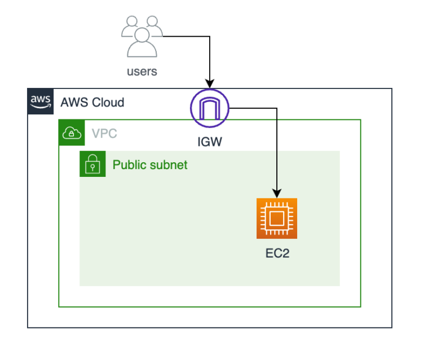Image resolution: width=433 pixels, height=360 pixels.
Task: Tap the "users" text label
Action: point(142,72)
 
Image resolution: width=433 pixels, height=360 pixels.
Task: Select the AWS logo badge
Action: point(41,101)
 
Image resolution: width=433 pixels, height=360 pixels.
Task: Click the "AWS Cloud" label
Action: point(92,103)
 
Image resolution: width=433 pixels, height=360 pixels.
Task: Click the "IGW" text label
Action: point(210,141)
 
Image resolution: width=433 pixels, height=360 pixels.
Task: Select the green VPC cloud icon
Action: point(72,132)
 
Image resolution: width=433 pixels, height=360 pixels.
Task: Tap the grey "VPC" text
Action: point(104,134)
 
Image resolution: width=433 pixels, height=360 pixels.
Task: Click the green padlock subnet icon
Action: point(92,164)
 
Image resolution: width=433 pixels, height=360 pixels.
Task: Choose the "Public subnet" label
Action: point(150,165)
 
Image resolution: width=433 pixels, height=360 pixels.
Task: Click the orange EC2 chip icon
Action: point(276,219)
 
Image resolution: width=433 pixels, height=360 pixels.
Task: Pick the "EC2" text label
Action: point(277,254)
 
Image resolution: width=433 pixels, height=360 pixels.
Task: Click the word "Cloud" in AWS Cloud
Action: point(108,103)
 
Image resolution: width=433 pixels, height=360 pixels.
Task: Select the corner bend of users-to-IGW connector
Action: point(210,37)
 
